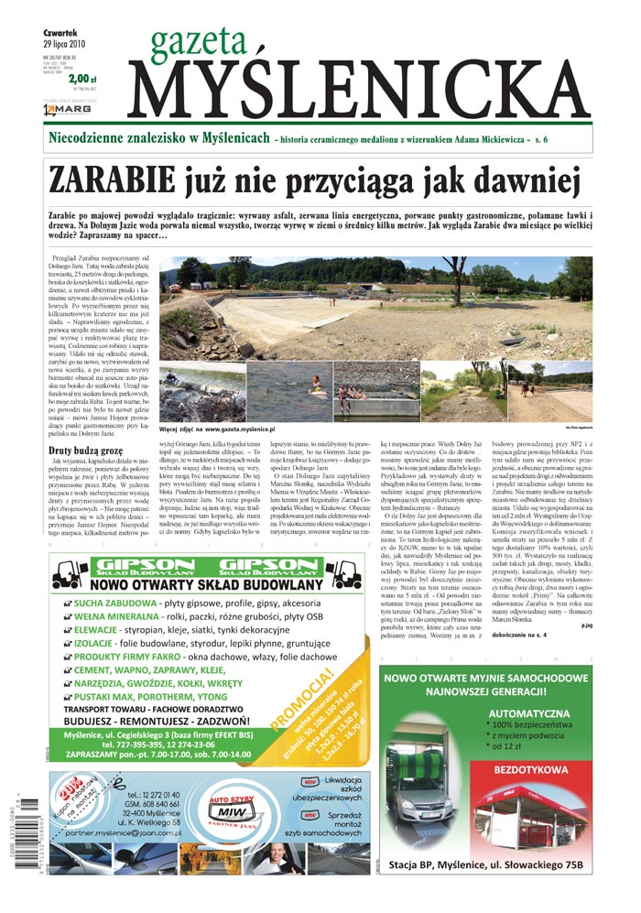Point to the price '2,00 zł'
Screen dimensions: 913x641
[81, 80]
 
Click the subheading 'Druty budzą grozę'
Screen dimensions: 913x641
[86, 450]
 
